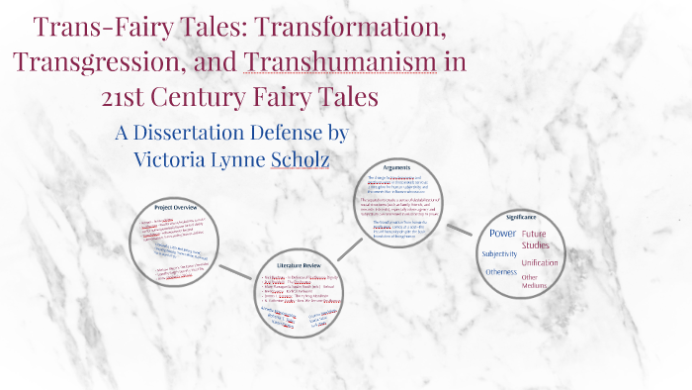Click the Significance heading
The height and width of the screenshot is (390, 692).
(522, 217)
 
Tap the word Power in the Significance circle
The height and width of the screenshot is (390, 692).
(503, 233)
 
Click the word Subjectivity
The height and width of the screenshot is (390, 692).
(499, 254)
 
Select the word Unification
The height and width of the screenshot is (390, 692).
(540, 263)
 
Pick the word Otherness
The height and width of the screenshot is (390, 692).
(500, 272)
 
